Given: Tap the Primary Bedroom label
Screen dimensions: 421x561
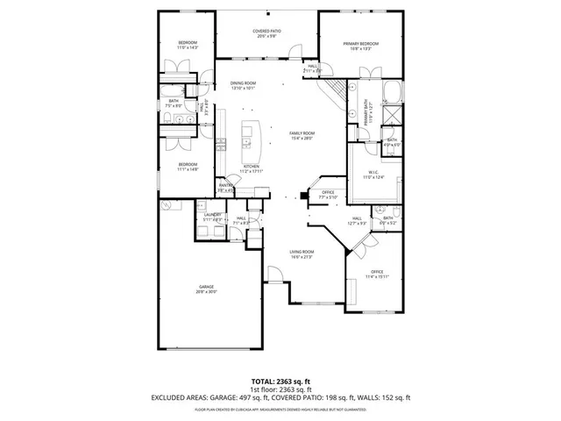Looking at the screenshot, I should click(360, 46).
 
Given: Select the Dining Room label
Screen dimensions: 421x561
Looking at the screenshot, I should click(243, 86).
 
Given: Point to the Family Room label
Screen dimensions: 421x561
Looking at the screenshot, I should click(302, 135).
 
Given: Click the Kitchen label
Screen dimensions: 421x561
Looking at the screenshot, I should click(251, 168).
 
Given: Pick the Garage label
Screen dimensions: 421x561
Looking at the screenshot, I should click(206, 289).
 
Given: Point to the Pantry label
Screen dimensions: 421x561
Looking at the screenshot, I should click(224, 187).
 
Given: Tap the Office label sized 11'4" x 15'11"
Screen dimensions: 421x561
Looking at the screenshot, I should click(377, 274).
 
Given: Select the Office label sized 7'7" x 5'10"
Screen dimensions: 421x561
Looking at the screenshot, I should click(328, 195).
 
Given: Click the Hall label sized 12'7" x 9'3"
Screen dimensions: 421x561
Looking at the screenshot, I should click(357, 220).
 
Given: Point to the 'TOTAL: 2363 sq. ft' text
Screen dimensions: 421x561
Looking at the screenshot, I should click(280, 381).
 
